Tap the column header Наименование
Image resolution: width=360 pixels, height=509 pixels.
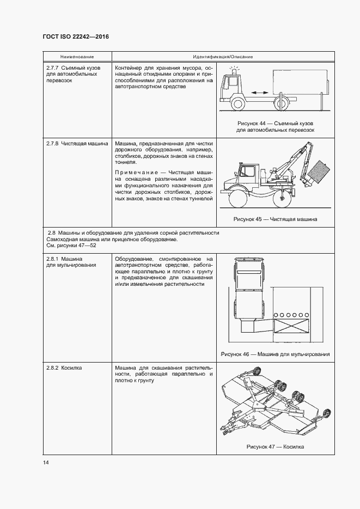[77, 57]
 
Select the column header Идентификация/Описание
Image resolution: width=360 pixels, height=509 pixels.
[222, 57]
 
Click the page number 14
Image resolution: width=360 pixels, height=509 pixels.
[46, 462]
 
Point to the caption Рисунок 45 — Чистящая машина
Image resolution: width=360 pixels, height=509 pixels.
[275, 219]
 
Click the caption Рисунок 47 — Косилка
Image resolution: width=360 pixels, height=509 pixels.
[275, 446]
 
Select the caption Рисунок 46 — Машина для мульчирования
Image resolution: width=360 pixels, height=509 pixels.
[275, 354]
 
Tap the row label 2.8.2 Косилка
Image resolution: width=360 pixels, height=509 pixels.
[64, 368]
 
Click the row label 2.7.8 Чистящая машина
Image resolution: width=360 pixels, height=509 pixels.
[77, 144]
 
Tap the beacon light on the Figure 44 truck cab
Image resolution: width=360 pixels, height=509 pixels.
[235, 71]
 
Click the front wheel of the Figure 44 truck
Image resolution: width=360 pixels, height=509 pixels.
[238, 103]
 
